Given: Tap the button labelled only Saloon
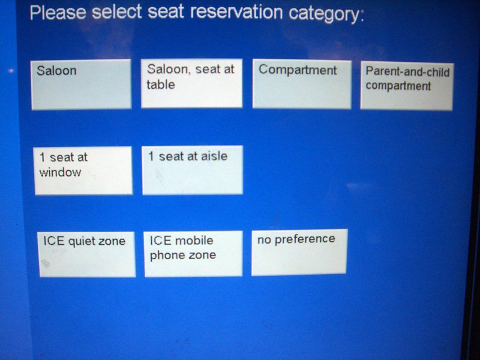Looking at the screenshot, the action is pyautogui.click(x=81, y=85).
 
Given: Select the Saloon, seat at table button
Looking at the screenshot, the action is pyautogui.click(x=191, y=83).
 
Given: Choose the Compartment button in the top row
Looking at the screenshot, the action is pyautogui.click(x=302, y=84).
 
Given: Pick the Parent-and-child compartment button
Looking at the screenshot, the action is pyautogui.click(x=407, y=86).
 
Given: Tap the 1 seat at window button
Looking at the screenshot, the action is pyautogui.click(x=83, y=170).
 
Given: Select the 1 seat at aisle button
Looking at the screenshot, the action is pyautogui.click(x=192, y=170).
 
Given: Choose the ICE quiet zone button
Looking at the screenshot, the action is pyautogui.click(x=87, y=254).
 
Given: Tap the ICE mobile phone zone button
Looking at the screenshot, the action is pyautogui.click(x=193, y=254).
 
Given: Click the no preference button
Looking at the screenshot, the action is pyautogui.click(x=299, y=253).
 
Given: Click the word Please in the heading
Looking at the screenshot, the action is pyautogui.click(x=58, y=13).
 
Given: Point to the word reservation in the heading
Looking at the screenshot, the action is pyautogui.click(x=236, y=12).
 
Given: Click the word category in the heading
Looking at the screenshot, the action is pyautogui.click(x=326, y=14).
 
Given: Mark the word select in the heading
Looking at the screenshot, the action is pyautogui.click(x=117, y=12).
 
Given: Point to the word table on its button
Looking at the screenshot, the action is pyautogui.click(x=161, y=84).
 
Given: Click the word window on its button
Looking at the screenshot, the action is pyautogui.click(x=60, y=172).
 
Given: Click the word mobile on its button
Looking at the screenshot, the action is pyautogui.click(x=193, y=241).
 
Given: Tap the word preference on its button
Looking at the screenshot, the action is pyautogui.click(x=305, y=239).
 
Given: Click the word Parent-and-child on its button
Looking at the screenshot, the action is pyautogui.click(x=408, y=72).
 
